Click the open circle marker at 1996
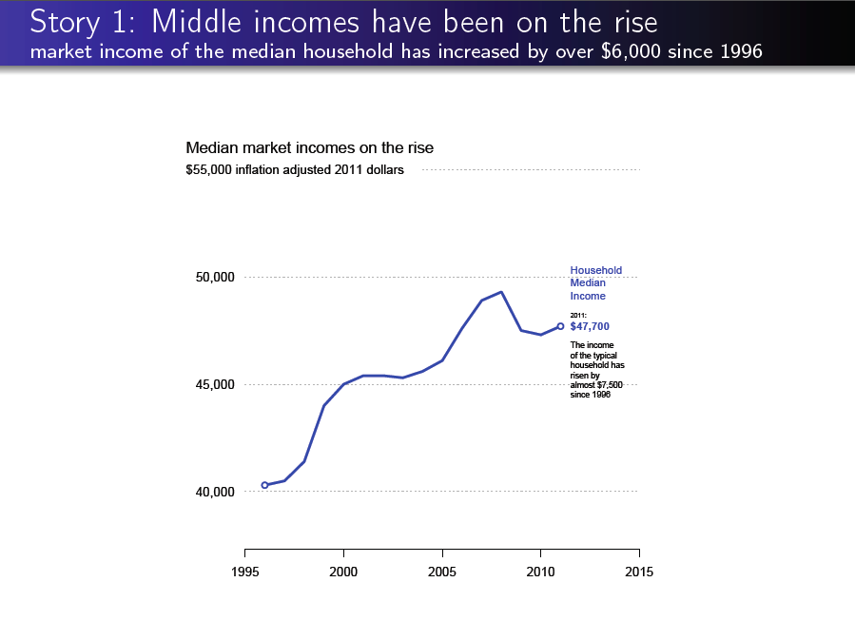click(x=264, y=485)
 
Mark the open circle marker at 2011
click(x=560, y=326)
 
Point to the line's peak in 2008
click(x=501, y=292)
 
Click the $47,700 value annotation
click(x=590, y=326)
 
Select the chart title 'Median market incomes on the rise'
click(x=309, y=148)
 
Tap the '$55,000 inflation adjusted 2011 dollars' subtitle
click(x=295, y=170)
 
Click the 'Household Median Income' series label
click(x=595, y=283)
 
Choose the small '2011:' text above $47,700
click(x=577, y=315)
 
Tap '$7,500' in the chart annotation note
click(x=609, y=385)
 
